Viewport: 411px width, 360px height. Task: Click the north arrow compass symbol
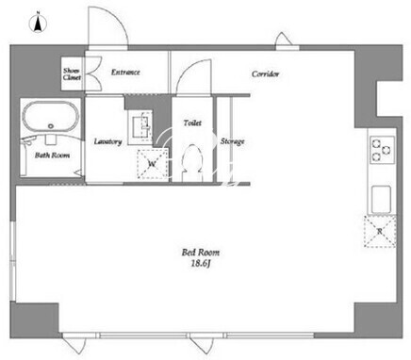point(38,23)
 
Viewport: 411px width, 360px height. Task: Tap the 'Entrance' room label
point(125,73)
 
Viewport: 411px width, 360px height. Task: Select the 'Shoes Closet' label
point(72,74)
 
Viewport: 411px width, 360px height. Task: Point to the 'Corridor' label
point(266,74)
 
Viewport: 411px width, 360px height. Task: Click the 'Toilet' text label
point(192,123)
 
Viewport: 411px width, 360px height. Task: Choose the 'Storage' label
point(233,141)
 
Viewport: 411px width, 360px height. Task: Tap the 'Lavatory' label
point(108,141)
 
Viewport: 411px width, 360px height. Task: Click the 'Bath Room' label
point(53,155)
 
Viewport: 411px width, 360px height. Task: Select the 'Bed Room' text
point(201,253)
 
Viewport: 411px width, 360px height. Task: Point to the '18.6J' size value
point(201,264)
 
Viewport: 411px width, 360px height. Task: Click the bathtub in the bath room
point(51,117)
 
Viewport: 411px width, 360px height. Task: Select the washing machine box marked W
point(153,164)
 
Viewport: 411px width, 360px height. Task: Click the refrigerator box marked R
point(380,231)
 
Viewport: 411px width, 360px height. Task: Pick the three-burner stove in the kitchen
point(382,150)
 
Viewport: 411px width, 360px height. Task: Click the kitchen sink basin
point(382,200)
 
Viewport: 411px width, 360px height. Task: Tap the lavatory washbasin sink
point(140,126)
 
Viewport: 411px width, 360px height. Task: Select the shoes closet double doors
point(93,74)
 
